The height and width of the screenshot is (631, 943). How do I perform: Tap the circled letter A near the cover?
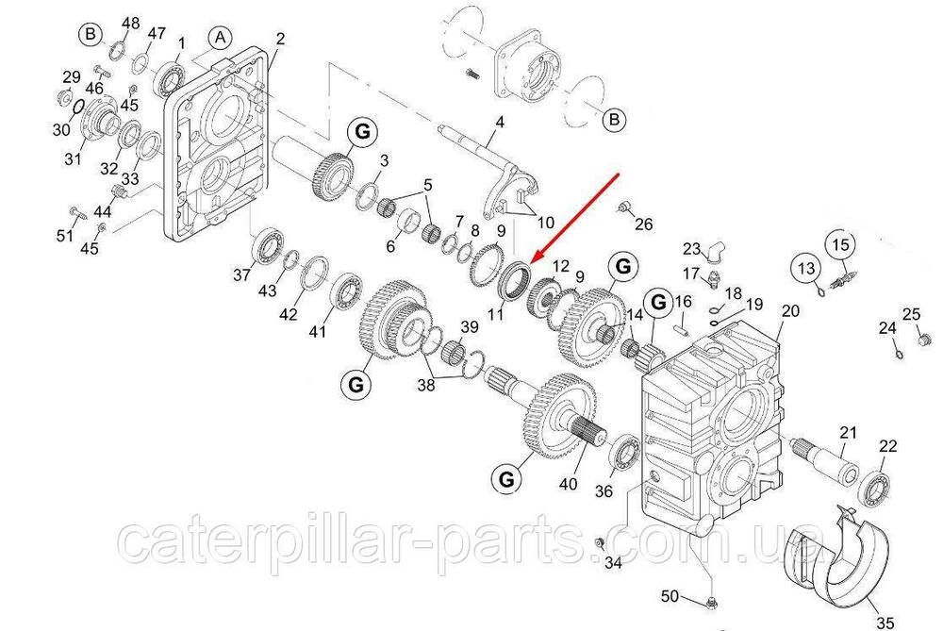pos(221,39)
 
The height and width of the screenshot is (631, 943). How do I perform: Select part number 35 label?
pos(885,622)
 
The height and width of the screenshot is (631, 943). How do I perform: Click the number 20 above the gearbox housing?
pos(790,310)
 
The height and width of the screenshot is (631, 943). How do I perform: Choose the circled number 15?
pos(841,244)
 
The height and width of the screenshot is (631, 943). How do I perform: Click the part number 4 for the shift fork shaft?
pos(500,122)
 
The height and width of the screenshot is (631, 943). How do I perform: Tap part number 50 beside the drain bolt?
pos(670,596)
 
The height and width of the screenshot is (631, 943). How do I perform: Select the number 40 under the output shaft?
pos(569,483)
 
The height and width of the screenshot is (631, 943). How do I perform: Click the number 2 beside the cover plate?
pos(280,39)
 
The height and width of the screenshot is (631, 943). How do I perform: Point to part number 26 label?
pos(643,224)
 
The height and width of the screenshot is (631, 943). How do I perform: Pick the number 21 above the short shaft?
pos(848,432)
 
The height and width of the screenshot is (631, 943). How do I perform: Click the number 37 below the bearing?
pos(241,274)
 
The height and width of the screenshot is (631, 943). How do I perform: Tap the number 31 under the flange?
pos(73,159)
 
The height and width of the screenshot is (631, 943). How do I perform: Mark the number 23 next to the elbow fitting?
pos(691,249)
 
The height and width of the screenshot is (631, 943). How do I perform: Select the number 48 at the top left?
pos(130,23)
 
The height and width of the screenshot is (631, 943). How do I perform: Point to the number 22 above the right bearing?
pos(887,446)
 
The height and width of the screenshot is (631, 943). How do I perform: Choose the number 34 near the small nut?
pos(613,563)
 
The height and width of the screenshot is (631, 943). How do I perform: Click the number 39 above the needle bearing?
pos(470,326)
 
